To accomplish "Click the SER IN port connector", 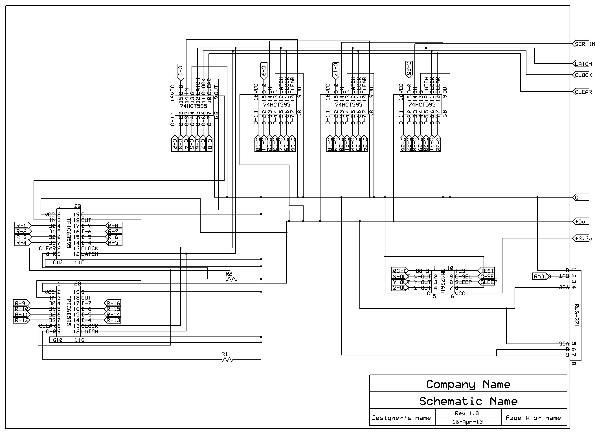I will coord(581,44).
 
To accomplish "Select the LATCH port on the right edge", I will coord(581,64).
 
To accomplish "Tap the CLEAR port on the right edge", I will coord(581,92).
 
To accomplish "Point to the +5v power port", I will coord(581,222).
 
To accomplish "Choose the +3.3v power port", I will coord(581,238).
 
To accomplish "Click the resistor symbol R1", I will coord(227,360).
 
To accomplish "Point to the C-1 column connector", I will coord(180,71).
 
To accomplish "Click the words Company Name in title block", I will coord(468,384).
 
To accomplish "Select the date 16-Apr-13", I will coord(468,422).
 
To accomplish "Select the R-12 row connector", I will coord(21,320).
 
